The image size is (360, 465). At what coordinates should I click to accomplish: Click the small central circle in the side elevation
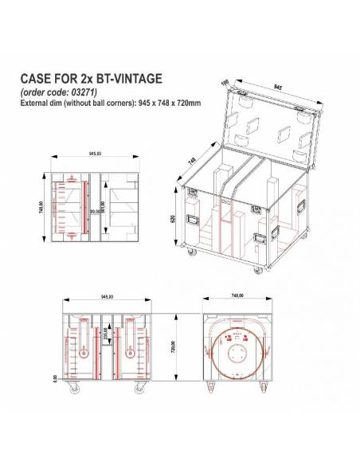[237, 354]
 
